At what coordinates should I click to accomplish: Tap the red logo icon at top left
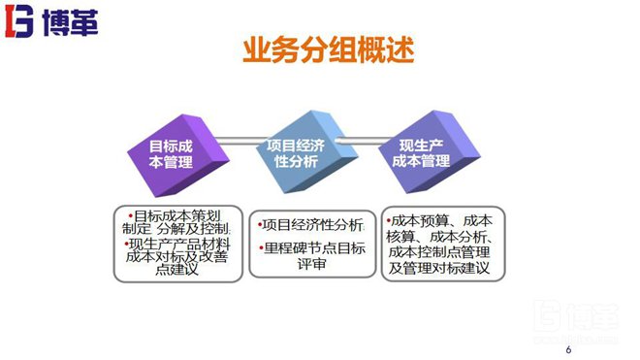[x=19, y=20]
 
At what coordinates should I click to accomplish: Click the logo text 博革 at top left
[x=62, y=20]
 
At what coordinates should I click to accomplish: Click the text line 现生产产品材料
[x=178, y=244]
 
